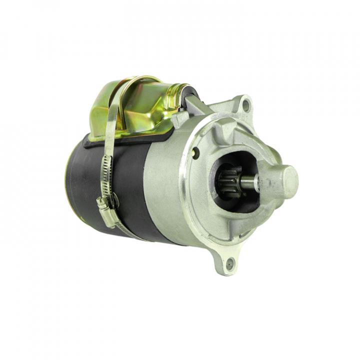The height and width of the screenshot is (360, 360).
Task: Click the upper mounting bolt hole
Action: click(x=246, y=105)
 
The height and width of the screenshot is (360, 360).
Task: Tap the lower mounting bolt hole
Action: click(x=230, y=263)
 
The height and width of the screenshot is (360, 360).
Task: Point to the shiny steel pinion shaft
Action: click(x=248, y=181)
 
